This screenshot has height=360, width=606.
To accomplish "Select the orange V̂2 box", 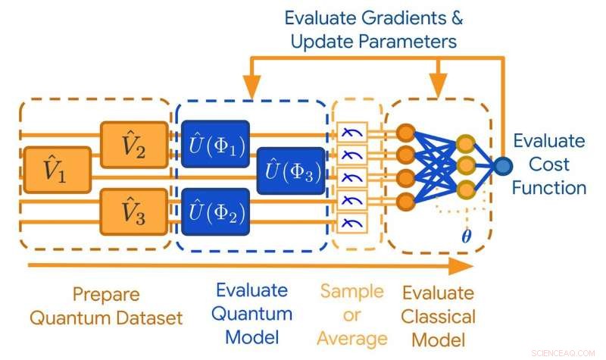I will click(133, 142).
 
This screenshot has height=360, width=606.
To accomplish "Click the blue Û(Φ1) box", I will click(215, 143).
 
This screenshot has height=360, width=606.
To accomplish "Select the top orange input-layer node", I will click(405, 132).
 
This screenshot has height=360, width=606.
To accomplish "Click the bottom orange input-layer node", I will click(405, 201).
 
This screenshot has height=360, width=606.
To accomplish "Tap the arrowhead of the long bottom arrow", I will click(459, 265).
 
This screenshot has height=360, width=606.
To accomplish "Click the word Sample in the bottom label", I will click(351, 292).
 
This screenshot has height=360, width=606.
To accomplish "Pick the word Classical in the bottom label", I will click(438, 315).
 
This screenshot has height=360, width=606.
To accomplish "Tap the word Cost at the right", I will click(548, 164).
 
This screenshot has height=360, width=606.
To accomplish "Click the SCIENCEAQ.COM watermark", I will click(564, 352).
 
